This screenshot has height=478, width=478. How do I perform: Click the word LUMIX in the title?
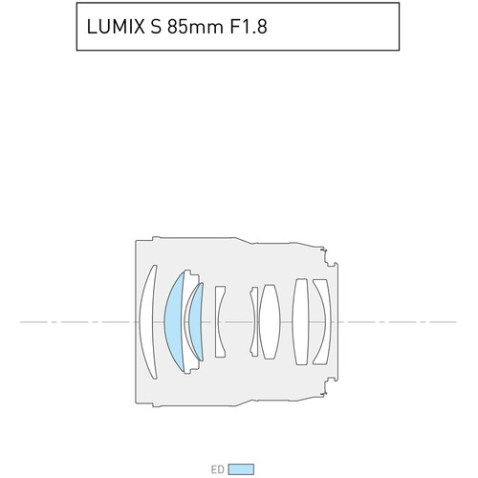coord(116,27)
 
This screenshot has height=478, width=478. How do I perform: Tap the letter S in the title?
coord(156,27)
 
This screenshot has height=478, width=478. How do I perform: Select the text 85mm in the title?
coord(195,27)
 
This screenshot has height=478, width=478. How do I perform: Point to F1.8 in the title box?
coord(249,27)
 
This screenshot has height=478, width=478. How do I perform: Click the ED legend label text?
coord(218,469)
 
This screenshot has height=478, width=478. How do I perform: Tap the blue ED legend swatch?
coord(241,469)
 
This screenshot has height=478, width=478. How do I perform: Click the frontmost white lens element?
coord(147,322)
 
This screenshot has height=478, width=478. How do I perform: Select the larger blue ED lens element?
coord(174,322)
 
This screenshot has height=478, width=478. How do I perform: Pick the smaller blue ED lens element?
coord(196,322)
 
